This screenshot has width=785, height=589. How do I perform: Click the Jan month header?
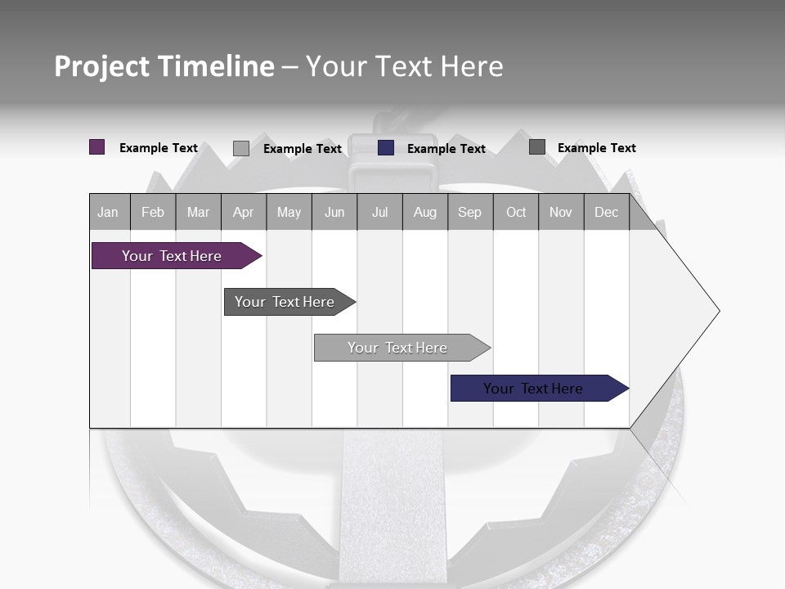pos(109,212)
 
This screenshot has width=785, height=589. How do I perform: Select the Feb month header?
pos(153,212)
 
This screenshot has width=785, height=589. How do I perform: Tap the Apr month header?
pos(244,212)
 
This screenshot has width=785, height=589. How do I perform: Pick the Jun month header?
pos(334,212)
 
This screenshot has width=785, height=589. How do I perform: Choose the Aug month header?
pos(425,212)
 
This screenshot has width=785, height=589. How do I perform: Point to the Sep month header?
pos(470,212)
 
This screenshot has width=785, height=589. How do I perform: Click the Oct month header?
pos(516,212)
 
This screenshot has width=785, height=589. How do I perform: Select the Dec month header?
pos(607,212)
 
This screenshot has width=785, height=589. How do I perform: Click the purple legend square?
pos(97,147)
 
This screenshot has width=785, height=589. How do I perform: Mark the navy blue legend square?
pos(386,148)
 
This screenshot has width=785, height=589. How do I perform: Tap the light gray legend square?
pos(241,148)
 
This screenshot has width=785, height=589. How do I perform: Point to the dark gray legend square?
pos(537,147)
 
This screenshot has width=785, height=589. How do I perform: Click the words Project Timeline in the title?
pos(164,66)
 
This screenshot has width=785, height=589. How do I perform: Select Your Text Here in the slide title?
pos(405,66)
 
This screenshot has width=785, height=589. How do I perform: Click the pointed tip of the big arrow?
pos(717,311)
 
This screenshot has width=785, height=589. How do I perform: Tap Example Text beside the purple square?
pos(159,148)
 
